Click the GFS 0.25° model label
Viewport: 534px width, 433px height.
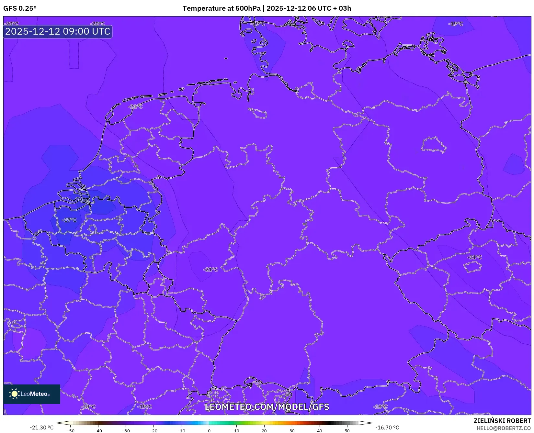coord(20,8)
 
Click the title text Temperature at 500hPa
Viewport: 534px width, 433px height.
coord(222,8)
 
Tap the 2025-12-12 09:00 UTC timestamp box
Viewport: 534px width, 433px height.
coord(58,32)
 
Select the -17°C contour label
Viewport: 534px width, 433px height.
coord(70,220)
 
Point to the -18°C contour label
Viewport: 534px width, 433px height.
coord(380,407)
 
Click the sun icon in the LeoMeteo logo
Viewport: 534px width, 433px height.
coord(14,394)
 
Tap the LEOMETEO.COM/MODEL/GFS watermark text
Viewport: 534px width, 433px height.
coord(267,407)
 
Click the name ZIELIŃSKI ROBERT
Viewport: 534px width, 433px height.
coord(502,421)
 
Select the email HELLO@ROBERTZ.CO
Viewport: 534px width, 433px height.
coord(504,428)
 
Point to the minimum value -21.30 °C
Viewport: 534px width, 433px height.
coord(41,427)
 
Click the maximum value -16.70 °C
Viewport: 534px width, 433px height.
coord(387,427)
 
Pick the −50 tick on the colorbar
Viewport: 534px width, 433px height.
coord(70,431)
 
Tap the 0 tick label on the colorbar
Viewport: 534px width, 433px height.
coord(209,431)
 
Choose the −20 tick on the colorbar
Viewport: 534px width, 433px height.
coord(153,431)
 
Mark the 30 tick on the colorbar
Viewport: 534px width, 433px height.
coord(292,431)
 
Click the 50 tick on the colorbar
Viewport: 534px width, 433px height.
coord(347,431)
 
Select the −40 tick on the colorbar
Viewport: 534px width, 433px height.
coord(98,431)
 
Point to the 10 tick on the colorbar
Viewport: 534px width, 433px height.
coord(237,431)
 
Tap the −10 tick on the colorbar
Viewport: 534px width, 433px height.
coord(181,431)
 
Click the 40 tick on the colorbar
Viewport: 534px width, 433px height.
coord(320,431)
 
